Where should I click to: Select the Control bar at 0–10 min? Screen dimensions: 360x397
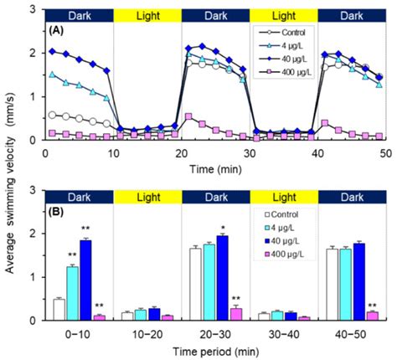tap(59, 310)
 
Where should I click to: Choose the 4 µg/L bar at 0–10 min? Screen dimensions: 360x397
tap(72, 293)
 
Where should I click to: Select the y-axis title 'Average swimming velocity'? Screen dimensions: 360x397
tap(12, 179)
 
